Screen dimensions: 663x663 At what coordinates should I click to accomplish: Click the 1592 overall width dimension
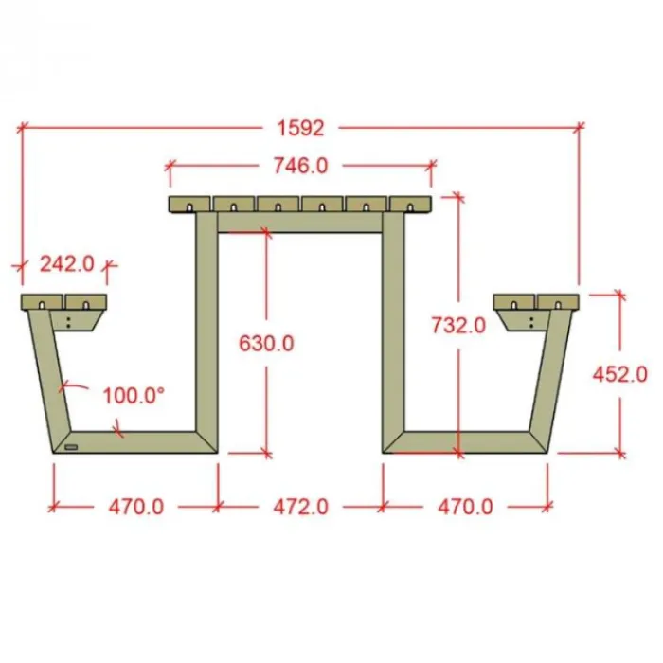pos(300,128)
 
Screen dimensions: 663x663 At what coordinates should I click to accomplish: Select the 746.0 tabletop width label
pos(300,166)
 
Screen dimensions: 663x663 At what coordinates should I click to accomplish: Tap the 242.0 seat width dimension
pos(67,264)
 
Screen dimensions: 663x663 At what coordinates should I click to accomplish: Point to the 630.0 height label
pos(266,343)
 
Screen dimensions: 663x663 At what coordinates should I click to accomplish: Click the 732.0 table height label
pos(458,326)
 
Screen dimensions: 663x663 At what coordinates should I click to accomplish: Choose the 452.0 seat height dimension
pos(619,374)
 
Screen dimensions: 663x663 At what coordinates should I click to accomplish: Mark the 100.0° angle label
pos(134,396)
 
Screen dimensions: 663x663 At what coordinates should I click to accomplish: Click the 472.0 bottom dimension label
pos(300,507)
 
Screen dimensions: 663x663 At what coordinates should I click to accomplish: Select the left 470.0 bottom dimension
pos(136,507)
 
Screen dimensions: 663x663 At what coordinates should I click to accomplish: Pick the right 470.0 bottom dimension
pos(465,507)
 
